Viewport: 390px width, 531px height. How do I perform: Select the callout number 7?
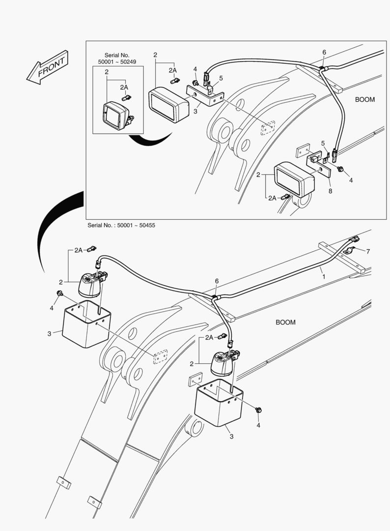[368, 251]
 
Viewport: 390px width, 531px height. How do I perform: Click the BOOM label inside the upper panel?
[364, 99]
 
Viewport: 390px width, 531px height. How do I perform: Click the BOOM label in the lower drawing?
[285, 322]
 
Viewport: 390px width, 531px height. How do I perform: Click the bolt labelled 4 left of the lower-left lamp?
[59, 294]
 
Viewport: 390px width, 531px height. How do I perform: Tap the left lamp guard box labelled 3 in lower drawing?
[86, 324]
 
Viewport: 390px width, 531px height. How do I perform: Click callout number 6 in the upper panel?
[324, 53]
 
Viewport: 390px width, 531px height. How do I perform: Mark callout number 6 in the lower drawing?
[217, 281]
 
